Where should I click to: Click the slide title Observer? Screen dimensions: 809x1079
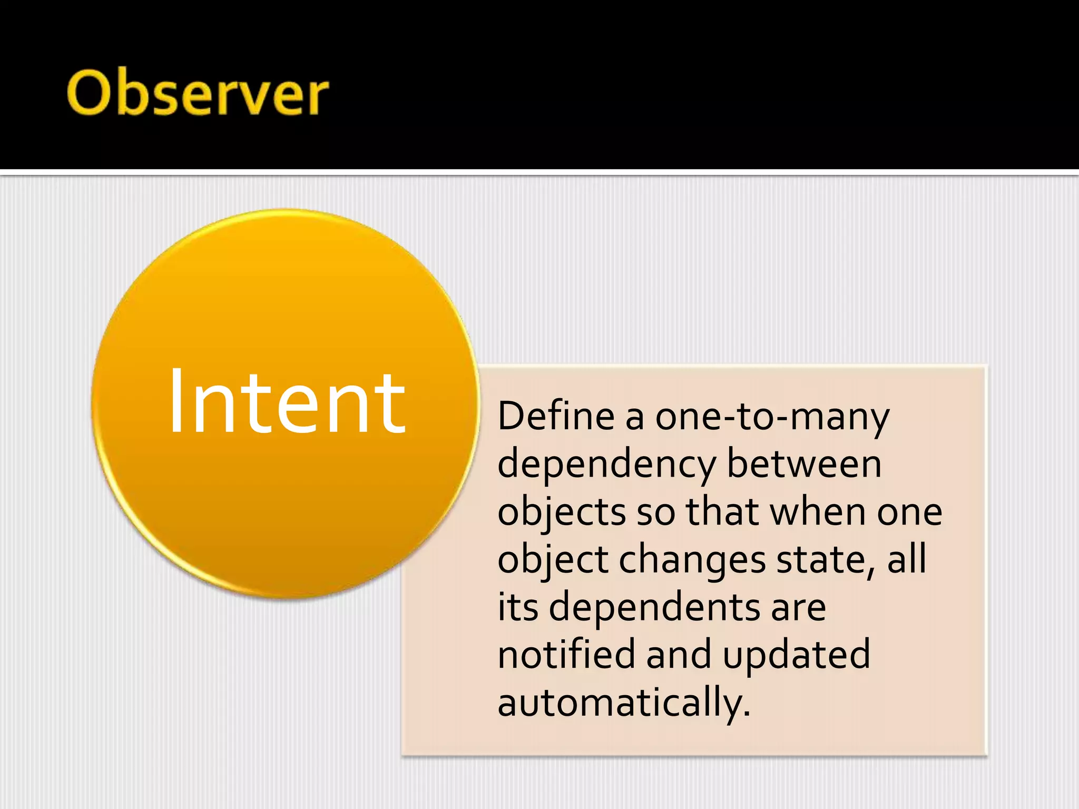198,93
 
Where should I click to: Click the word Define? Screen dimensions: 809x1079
556,416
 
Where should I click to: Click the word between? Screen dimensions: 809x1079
804,464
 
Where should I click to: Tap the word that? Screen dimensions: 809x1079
722,511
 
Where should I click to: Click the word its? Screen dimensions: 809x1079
518,607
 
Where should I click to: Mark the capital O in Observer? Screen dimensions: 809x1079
88,92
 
